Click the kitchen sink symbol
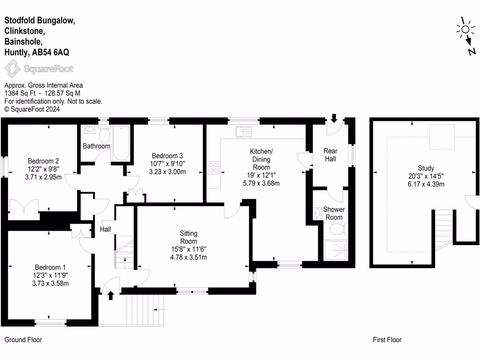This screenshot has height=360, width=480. (x=243, y=132)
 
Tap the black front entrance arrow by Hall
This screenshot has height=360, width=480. (x=111, y=295)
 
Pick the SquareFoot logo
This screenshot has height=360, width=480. (x=39, y=70)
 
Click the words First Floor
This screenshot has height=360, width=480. (x=387, y=340)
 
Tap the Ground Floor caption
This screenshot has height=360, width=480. (x=23, y=340)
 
